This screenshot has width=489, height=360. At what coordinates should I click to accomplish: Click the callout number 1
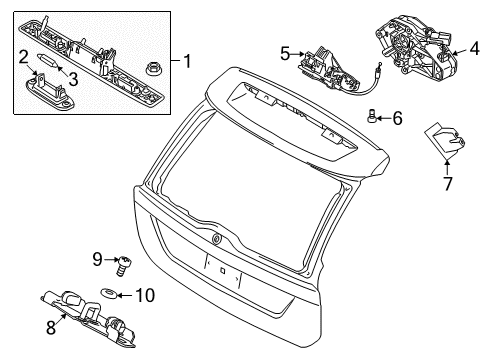[x=188, y=61]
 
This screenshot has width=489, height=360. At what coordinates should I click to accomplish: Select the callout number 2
[x=23, y=57]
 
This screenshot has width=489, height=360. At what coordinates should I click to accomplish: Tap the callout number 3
[x=73, y=79]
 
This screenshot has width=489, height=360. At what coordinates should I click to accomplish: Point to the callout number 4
[x=475, y=49]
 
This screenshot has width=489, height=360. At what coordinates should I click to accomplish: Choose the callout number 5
[x=285, y=54]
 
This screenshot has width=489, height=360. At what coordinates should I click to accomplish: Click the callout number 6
[x=397, y=118]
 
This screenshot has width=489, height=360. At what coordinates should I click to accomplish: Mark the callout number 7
[x=447, y=184]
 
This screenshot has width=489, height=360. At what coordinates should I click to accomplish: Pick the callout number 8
[x=51, y=327]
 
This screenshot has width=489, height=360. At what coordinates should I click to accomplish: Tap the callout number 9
[x=97, y=259]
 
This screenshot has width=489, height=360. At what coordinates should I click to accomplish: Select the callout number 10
[x=145, y=295]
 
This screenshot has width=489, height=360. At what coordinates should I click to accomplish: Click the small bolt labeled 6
[x=371, y=115]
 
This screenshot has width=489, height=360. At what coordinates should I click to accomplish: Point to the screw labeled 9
[x=124, y=266]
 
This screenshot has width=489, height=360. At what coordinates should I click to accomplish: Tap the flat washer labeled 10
[x=109, y=293]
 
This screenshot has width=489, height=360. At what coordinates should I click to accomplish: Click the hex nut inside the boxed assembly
[x=152, y=69]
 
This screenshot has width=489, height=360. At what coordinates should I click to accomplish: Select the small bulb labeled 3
[x=47, y=60]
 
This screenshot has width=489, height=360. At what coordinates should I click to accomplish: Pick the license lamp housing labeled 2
[x=50, y=91]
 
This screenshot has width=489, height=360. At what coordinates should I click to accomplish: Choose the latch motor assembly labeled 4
[x=416, y=47]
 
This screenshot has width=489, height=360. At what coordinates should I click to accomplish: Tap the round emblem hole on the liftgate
[x=217, y=238]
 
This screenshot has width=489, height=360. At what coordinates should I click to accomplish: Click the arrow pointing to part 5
[x=297, y=54]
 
